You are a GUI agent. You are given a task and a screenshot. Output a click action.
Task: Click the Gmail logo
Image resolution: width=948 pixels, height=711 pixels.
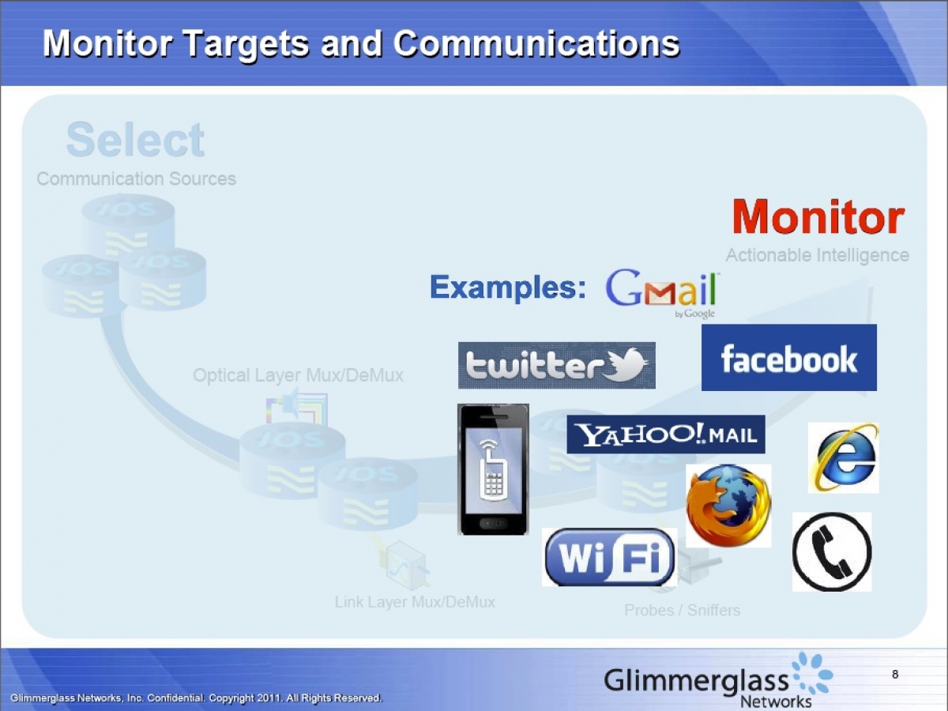pyautogui.click(x=662, y=292)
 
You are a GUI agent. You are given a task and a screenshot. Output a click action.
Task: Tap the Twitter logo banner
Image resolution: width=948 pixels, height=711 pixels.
pyautogui.click(x=557, y=365)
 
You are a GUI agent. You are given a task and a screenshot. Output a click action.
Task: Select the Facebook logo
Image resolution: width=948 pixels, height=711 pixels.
pyautogui.click(x=788, y=358)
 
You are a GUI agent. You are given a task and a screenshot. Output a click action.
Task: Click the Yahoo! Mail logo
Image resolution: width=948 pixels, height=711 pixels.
pyautogui.click(x=666, y=434)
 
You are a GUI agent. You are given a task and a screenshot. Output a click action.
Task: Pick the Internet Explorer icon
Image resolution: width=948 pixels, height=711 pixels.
pyautogui.click(x=843, y=458)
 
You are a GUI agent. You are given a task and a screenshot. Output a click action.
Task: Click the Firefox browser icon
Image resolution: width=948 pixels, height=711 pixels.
pyautogui.click(x=728, y=506)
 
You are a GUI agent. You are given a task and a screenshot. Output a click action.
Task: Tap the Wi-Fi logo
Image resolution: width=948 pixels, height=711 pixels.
pyautogui.click(x=609, y=557)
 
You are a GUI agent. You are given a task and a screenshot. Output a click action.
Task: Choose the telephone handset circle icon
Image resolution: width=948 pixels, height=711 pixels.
pyautogui.click(x=832, y=551)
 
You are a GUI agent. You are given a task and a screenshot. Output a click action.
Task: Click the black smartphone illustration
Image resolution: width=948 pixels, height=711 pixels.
pyautogui.click(x=493, y=470)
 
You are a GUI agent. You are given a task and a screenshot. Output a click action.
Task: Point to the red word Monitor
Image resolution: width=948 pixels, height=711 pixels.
pyautogui.click(x=818, y=217)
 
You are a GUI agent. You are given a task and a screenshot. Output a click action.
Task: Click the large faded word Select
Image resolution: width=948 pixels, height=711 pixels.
pyautogui.click(x=135, y=141)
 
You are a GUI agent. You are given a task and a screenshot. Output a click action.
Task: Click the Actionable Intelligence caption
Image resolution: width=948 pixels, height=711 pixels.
pyautogui.click(x=817, y=255)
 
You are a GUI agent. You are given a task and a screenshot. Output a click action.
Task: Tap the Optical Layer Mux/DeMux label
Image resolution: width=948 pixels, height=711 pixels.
pyautogui.click(x=298, y=375)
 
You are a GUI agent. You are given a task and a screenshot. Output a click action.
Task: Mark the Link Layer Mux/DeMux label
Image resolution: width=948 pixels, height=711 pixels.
pyautogui.click(x=415, y=602)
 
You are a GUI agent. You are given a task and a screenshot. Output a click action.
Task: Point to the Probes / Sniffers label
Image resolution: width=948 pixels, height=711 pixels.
pyautogui.click(x=682, y=610)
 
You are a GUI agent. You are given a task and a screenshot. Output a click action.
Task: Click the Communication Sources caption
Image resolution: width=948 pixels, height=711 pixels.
pyautogui.click(x=136, y=179)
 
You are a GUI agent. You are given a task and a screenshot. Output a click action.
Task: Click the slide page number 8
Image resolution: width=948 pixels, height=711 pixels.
pyautogui.click(x=895, y=675)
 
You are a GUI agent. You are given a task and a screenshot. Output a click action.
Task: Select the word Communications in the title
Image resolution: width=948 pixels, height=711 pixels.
pyautogui.click(x=536, y=43)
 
